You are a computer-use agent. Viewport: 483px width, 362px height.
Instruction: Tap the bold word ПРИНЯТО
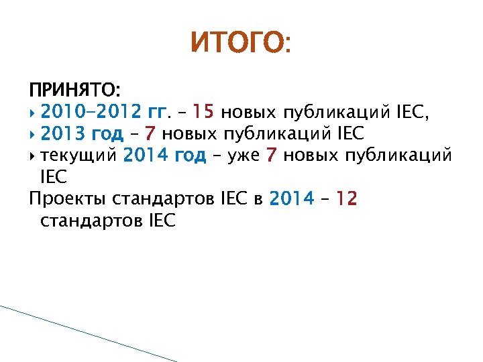click(74, 88)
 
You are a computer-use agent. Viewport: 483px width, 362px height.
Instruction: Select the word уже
click(245, 156)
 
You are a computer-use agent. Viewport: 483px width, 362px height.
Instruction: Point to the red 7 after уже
click(271, 156)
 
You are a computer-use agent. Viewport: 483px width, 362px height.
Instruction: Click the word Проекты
click(67, 199)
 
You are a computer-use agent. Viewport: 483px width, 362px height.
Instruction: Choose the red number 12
click(347, 199)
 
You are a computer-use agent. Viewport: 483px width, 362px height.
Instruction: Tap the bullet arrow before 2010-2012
click(33, 111)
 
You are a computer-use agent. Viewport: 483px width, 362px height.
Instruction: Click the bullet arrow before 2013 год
click(33, 133)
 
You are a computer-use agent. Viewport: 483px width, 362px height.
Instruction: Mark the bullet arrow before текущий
click(33, 156)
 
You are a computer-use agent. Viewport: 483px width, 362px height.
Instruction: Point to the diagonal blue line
click(87, 333)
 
